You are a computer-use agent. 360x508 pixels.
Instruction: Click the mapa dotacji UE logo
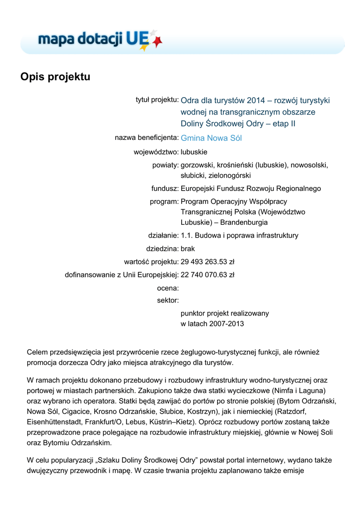click(99, 39)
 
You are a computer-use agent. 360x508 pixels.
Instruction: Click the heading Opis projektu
click(55, 77)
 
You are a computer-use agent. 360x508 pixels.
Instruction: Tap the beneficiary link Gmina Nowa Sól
click(211, 138)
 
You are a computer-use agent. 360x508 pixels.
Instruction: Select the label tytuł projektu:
click(157, 100)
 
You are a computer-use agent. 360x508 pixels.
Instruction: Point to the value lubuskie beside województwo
click(194, 152)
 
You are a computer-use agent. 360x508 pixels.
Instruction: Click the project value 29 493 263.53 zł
click(208, 261)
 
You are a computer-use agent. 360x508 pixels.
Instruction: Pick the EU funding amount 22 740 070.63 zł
click(208, 274)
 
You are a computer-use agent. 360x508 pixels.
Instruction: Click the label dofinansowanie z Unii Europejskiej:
click(122, 274)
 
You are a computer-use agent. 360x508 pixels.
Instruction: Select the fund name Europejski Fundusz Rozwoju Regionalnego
click(251, 189)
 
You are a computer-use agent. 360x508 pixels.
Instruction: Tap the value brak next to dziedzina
click(188, 249)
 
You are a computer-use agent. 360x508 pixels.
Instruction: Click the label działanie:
click(163, 236)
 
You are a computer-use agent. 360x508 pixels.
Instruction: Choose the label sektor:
click(168, 300)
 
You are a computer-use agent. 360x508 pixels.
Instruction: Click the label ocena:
click(168, 288)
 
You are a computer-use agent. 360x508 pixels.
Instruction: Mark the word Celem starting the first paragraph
click(37, 352)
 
